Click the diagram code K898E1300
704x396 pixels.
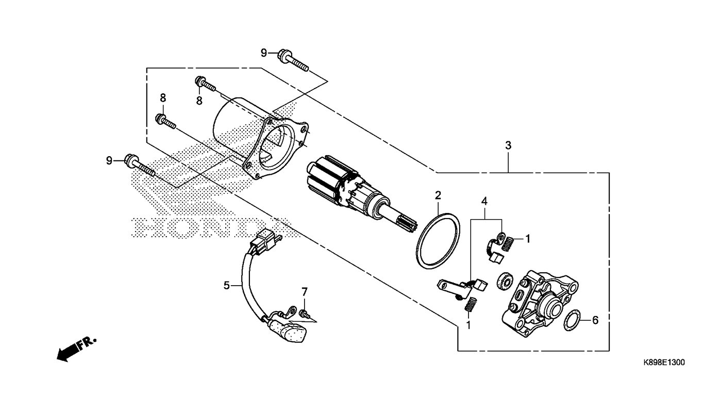[664, 363]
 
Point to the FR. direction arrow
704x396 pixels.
[75, 350]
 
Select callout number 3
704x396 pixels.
[508, 145]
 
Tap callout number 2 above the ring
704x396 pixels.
[438, 195]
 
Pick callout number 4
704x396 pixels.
[484, 200]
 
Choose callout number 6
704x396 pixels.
[595, 320]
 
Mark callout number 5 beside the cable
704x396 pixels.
[226, 285]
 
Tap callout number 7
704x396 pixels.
[304, 291]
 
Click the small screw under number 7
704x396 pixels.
[304, 312]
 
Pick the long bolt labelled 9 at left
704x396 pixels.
[139, 166]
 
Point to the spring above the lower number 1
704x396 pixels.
[470, 305]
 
